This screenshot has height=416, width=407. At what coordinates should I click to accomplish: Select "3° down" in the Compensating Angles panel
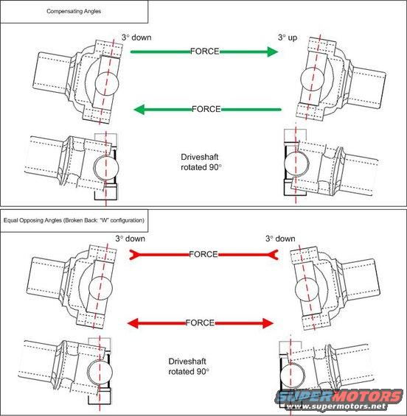click(x=137, y=36)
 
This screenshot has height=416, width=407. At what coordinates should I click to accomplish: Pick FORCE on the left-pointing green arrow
click(x=206, y=109)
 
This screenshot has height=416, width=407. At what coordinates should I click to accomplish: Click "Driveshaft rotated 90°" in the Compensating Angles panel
click(x=208, y=163)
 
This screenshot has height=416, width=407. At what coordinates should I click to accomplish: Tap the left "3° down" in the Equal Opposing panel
click(x=131, y=239)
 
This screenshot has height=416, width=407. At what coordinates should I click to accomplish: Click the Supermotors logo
click(x=340, y=396)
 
